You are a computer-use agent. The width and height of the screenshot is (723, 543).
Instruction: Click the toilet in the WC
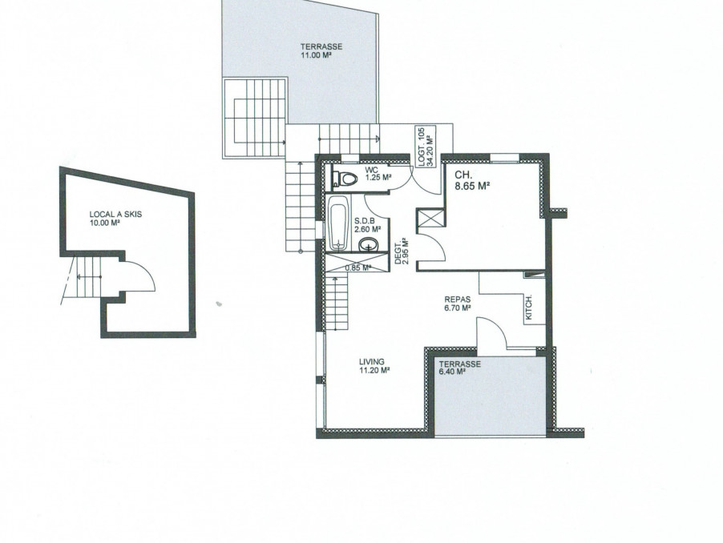pos(345,179)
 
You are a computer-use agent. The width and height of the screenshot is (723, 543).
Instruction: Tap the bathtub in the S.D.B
pos(337,223)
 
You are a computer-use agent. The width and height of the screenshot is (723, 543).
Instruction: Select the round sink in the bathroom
pos(369,244)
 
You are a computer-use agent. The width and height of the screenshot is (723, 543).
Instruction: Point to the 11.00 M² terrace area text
pos(317,55)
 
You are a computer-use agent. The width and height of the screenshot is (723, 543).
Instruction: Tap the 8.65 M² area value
pos(472,186)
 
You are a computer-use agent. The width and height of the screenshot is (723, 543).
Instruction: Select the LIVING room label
pos(372,362)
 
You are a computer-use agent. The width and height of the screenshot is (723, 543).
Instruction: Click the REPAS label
pos(458,300)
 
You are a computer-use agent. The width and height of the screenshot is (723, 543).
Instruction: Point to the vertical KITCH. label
pos(529,308)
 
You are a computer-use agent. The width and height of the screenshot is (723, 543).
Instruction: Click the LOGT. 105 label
pos(422,146)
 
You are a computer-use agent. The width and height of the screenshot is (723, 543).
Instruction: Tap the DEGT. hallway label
pos(398,254)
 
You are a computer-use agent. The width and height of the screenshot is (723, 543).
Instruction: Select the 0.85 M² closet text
pos(357,267)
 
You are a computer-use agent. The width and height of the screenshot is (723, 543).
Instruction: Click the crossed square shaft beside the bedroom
pos(430,218)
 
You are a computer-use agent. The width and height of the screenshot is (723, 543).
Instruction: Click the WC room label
pos(371,170)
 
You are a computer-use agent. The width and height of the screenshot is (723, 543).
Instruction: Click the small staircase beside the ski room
pos(87,277)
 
